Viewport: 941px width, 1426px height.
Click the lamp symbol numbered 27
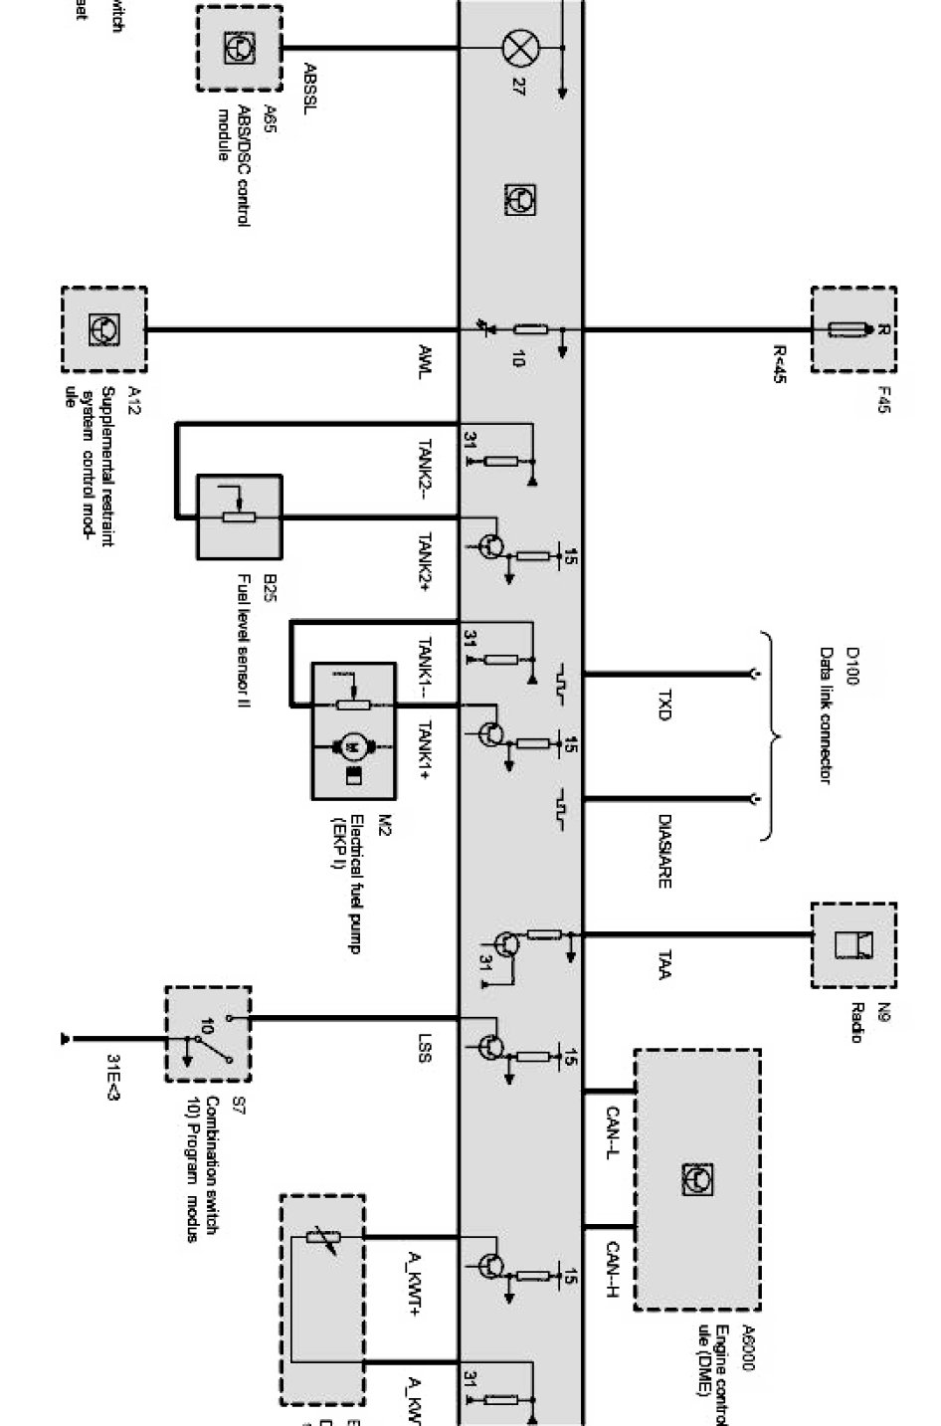click(517, 47)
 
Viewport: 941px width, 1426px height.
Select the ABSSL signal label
click(309, 89)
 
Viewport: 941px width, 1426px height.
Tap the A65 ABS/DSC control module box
click(239, 48)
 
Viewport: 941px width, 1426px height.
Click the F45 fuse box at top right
click(853, 329)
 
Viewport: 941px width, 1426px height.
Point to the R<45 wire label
click(780, 364)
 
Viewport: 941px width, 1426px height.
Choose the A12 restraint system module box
click(104, 329)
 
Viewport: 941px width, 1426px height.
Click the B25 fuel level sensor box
click(240, 517)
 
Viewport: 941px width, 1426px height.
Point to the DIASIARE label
click(664, 851)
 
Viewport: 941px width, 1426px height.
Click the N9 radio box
click(853, 944)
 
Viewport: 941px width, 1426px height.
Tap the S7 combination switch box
click(208, 1035)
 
